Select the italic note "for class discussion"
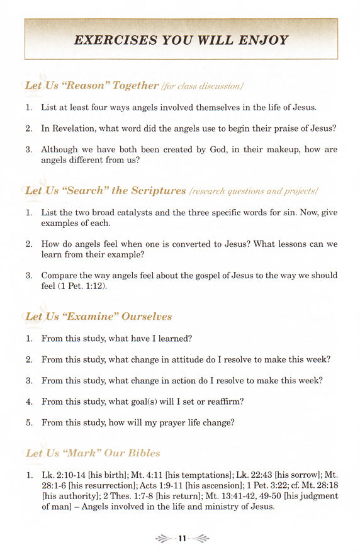click(x=203, y=86)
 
